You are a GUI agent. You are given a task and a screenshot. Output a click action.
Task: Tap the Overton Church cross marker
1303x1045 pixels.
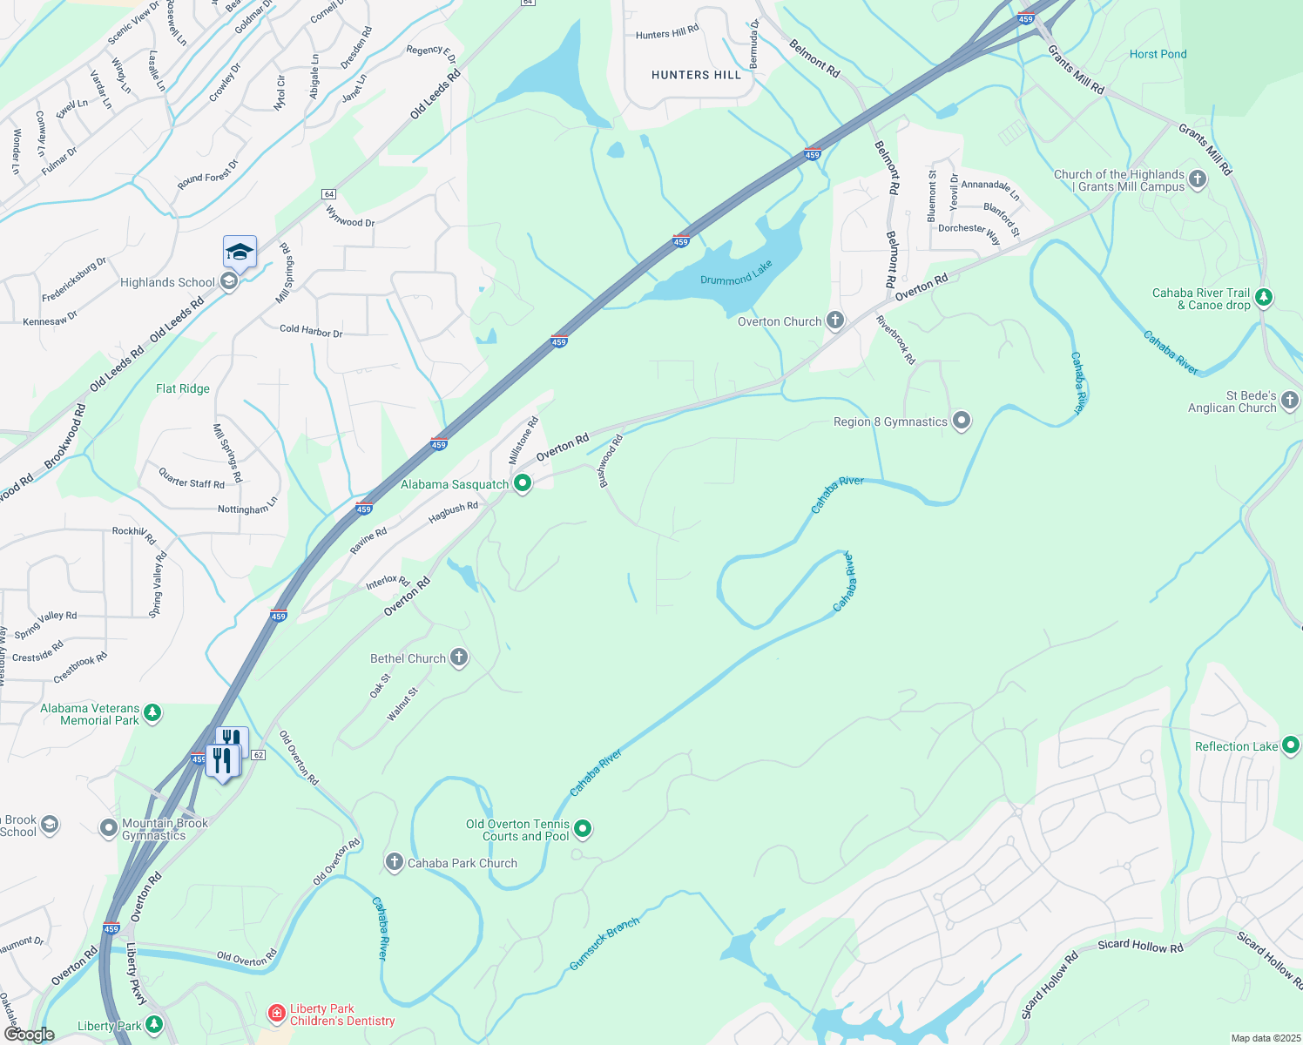tap(835, 320)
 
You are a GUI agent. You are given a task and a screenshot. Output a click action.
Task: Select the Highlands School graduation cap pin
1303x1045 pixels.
tap(240, 253)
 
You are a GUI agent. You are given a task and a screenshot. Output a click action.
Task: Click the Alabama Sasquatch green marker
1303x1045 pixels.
tap(523, 483)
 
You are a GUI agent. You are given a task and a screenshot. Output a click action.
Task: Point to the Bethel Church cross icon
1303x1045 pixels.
tap(458, 658)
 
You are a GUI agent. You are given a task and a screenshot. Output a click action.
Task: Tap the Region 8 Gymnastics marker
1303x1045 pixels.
tap(962, 421)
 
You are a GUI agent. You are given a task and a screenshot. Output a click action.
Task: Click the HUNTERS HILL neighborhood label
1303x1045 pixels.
tap(696, 75)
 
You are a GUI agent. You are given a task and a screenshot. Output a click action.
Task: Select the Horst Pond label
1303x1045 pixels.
tap(1158, 54)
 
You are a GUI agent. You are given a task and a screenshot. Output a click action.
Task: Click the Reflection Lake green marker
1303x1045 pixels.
tap(1291, 745)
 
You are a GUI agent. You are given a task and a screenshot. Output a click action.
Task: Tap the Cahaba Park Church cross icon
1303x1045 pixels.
tap(395, 862)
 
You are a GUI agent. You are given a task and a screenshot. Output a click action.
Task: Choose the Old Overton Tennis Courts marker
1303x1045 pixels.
tap(583, 829)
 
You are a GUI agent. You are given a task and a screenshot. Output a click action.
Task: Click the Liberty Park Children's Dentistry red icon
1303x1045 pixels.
tap(276, 1014)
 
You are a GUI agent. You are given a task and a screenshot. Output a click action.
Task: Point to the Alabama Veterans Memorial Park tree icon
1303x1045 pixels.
tap(152, 713)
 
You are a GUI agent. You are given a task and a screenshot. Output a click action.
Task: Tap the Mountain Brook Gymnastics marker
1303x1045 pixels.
tap(109, 828)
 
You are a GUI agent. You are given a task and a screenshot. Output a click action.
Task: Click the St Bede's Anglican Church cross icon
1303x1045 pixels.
tap(1290, 401)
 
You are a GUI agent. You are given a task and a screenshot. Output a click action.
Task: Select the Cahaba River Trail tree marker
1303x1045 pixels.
tap(1263, 298)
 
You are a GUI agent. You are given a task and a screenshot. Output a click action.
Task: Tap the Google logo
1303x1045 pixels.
tap(29, 1034)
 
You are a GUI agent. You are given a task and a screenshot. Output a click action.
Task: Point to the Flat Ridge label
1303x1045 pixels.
tap(182, 388)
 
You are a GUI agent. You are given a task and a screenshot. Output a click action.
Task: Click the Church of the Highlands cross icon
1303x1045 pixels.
tap(1198, 179)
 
